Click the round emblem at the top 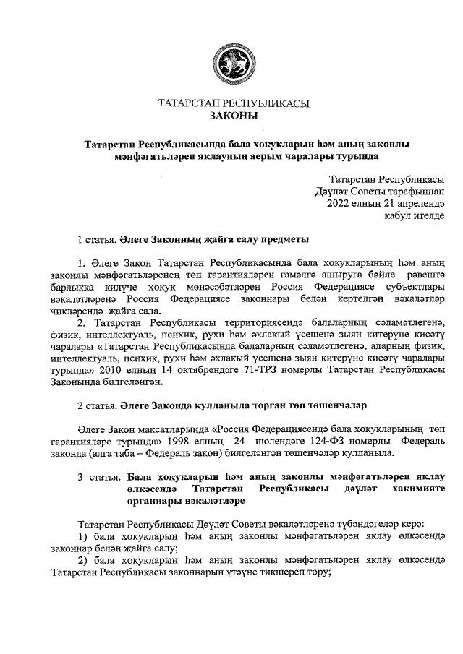(x=233, y=64)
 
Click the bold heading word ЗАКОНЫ (x=233, y=115)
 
